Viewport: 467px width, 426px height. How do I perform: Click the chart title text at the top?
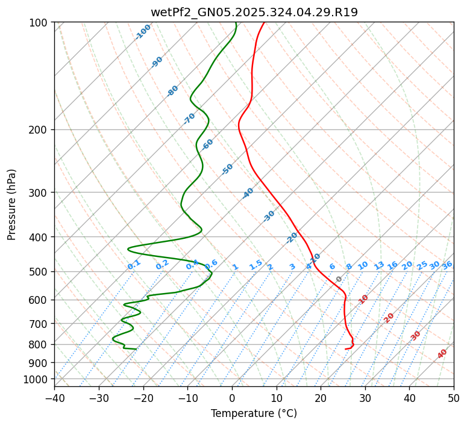click(x=254, y=13)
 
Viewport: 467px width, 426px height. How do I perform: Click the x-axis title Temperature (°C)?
click(x=254, y=413)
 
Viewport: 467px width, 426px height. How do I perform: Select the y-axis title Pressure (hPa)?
click(x=12, y=205)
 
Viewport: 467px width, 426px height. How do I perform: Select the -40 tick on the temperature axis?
click(x=54, y=398)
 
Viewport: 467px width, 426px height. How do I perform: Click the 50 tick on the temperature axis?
click(x=454, y=398)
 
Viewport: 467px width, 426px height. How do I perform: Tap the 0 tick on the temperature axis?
click(x=232, y=398)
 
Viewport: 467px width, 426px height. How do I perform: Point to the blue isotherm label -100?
click(x=143, y=32)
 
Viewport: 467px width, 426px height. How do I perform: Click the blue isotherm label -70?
click(x=189, y=119)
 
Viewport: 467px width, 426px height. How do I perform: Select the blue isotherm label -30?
click(x=269, y=216)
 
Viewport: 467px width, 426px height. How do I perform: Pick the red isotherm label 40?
click(x=442, y=354)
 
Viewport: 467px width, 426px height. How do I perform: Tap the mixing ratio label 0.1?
click(x=134, y=265)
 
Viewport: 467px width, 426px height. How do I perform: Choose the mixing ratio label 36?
click(x=447, y=265)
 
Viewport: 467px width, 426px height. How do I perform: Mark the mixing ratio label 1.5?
click(x=255, y=265)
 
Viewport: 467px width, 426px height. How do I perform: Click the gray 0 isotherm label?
click(x=339, y=279)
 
